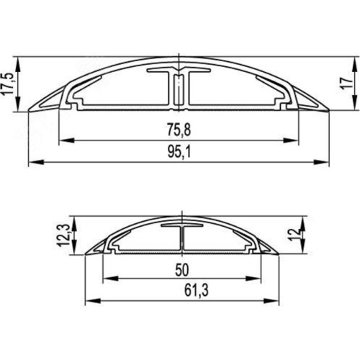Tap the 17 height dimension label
347,84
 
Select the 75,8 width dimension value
179,130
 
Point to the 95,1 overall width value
179,152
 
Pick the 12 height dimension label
294,235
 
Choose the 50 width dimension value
182,270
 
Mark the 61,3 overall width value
197,290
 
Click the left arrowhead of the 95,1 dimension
36,162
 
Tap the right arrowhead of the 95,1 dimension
322,162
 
